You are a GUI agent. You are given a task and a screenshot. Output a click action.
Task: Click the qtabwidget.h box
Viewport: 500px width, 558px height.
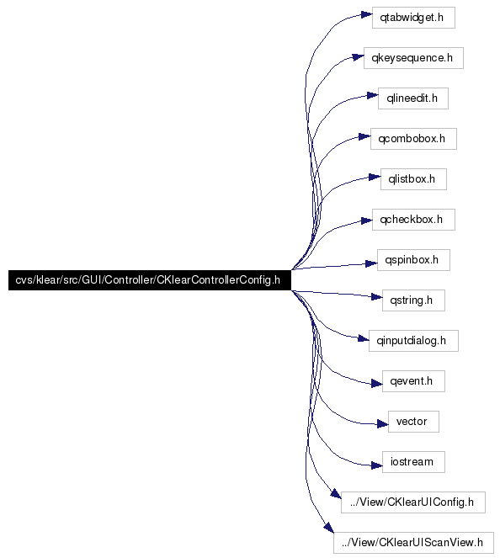coord(413,18)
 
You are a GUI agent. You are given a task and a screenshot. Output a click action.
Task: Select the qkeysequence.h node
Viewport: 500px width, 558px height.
coord(413,58)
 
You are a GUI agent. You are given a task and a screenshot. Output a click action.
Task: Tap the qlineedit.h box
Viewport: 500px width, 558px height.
coord(413,98)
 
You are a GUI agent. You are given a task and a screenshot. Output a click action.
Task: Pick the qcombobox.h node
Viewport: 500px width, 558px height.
coord(413,139)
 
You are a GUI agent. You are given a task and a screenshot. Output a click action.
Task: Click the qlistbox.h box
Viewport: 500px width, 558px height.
coord(413,179)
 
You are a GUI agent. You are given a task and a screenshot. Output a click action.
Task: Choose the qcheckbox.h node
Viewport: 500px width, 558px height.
coord(413,220)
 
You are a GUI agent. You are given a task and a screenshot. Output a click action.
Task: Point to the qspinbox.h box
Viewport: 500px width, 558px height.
coord(413,260)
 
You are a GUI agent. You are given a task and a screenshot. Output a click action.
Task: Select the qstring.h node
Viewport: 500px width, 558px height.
coord(413,300)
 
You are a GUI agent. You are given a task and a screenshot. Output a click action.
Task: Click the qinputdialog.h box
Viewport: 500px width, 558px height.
coord(413,341)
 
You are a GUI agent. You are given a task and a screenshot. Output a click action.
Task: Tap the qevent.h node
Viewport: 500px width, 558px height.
coord(413,381)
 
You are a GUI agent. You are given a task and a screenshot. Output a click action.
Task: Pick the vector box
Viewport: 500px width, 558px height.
coord(413,422)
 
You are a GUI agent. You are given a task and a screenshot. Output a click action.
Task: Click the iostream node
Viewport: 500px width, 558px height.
coord(413,462)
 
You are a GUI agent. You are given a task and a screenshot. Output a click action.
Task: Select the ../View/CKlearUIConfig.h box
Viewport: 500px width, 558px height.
coord(412,502)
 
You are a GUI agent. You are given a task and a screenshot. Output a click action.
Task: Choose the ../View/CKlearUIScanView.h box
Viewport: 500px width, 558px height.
coord(413,543)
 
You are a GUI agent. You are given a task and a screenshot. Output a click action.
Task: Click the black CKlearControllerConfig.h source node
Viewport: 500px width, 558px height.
coord(150,280)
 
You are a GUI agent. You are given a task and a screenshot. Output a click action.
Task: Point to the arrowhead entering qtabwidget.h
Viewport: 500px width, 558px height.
coord(366,15)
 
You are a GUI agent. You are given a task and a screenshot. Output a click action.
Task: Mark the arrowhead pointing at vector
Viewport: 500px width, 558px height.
coord(382,424)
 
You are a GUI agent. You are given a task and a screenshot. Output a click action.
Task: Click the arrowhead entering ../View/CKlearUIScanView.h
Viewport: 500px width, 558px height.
coord(329,528)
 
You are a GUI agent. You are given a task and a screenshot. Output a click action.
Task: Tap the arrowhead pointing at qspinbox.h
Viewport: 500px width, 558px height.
coord(371,263)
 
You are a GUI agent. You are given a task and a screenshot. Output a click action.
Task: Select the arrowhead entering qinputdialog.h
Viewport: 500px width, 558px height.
coord(364,338)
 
